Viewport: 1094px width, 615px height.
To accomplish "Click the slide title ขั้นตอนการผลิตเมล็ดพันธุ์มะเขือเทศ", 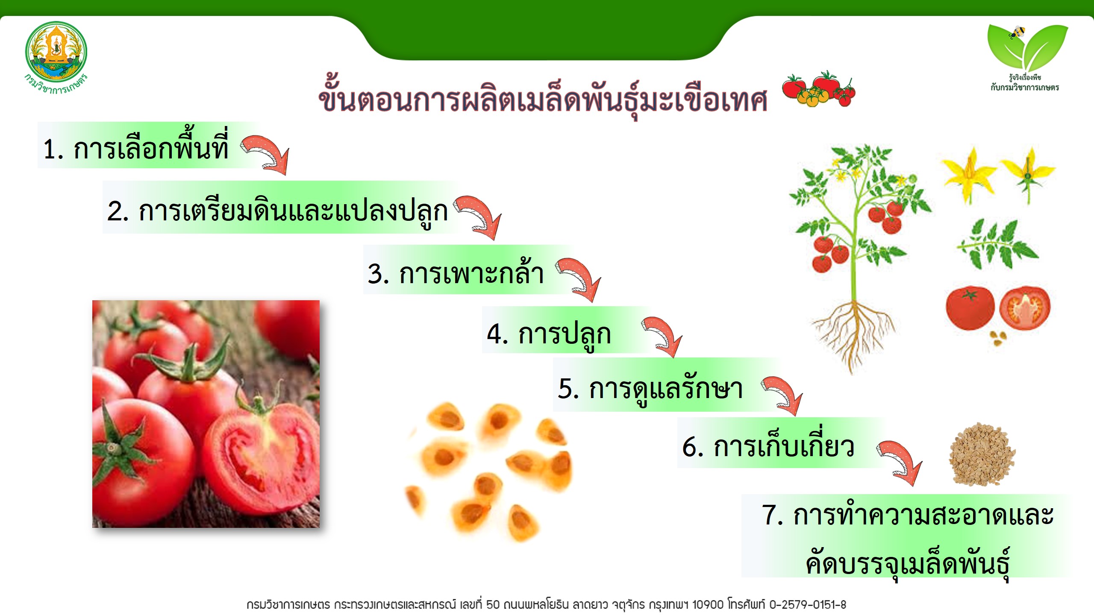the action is tap(543, 98).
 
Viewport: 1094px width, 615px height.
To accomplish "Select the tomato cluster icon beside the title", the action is tap(819, 89).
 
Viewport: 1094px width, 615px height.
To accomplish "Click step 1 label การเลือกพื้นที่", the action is tap(136, 147).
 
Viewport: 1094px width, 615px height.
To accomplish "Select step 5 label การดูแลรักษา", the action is tap(650, 389).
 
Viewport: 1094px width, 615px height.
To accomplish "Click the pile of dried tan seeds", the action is tap(982, 454).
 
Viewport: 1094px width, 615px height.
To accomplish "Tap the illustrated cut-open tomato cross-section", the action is tap(1025, 308).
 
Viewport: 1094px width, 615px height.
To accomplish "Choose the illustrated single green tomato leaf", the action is tap(997, 244).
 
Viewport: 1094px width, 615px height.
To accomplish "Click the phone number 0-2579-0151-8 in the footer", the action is tap(808, 605).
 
